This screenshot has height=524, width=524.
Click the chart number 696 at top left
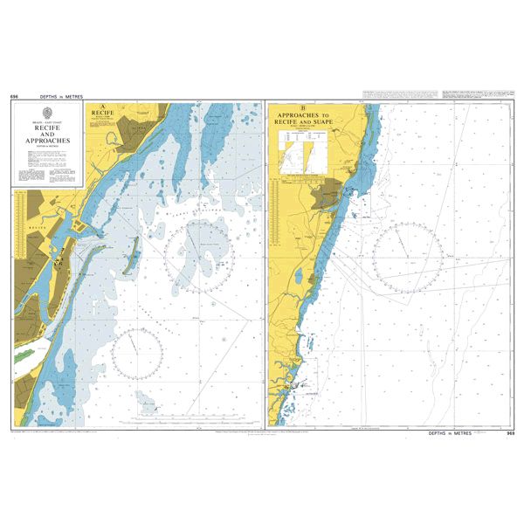tap(15, 96)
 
